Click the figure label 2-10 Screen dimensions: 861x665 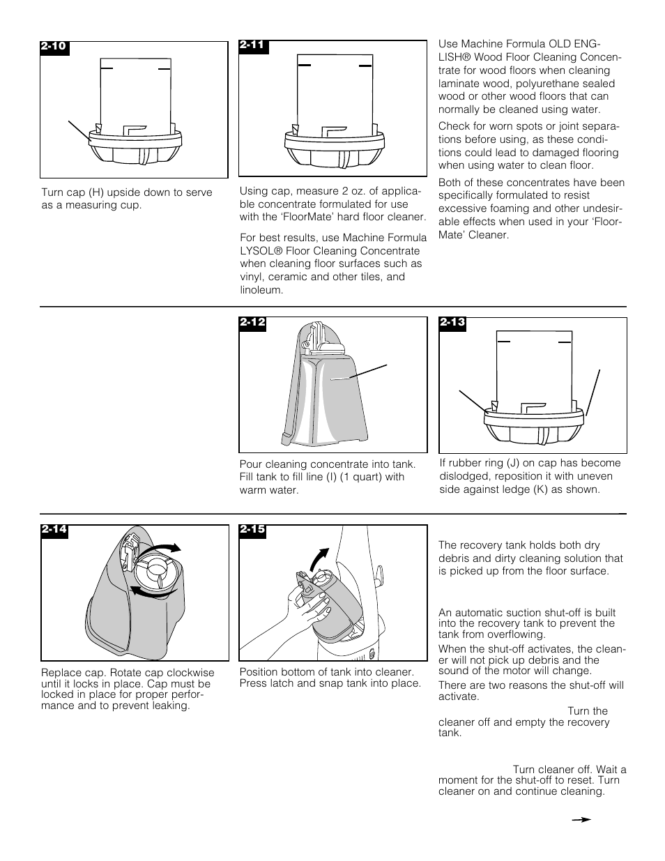54,47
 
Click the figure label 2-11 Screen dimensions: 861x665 253,45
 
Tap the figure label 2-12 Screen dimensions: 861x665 253,323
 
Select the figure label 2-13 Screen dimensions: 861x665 452,323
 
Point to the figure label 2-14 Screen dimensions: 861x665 54,530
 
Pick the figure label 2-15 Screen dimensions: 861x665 253,530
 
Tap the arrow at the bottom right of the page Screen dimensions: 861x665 581,820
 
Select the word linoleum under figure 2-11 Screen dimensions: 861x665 261,290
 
